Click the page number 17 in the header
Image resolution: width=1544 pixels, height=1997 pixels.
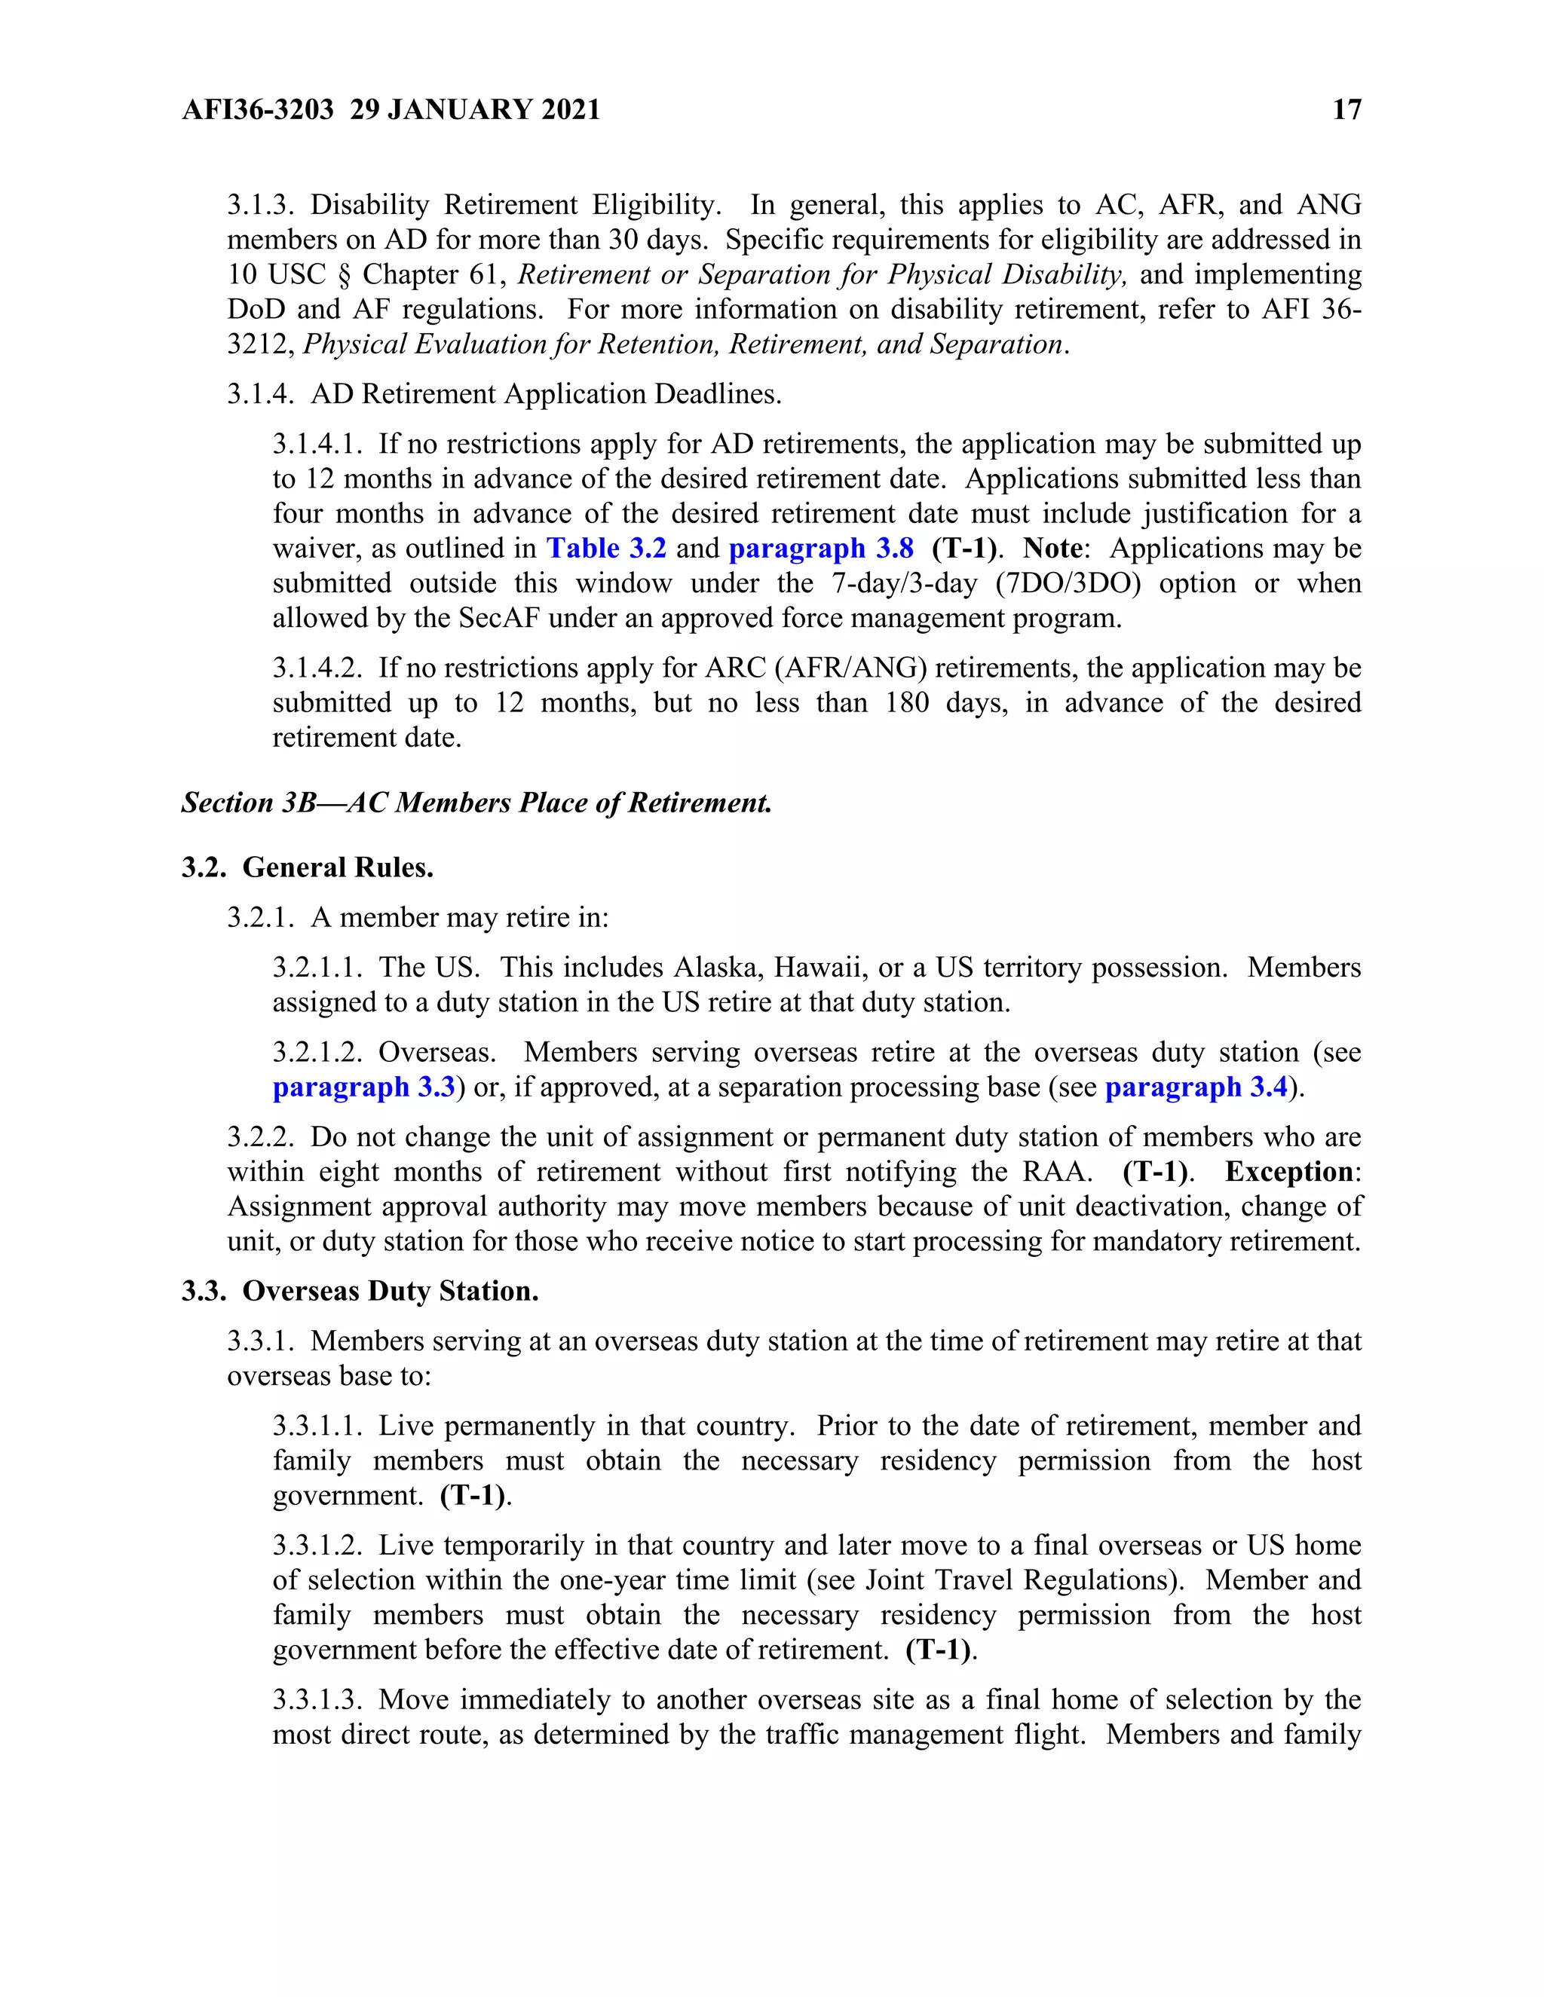(x=1346, y=110)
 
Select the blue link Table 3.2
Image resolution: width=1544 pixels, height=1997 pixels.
(x=606, y=549)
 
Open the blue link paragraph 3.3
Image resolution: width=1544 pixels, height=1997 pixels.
(x=363, y=1087)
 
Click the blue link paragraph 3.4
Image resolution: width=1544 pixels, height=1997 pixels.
(x=1196, y=1087)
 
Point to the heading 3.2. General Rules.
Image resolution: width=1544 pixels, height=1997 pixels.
(x=308, y=867)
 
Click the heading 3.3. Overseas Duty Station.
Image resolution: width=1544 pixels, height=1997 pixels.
(x=360, y=1291)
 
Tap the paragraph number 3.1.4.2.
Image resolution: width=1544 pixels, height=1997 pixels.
(x=317, y=668)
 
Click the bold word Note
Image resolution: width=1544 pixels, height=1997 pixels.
(x=1052, y=549)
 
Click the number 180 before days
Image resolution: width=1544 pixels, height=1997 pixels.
(x=908, y=703)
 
